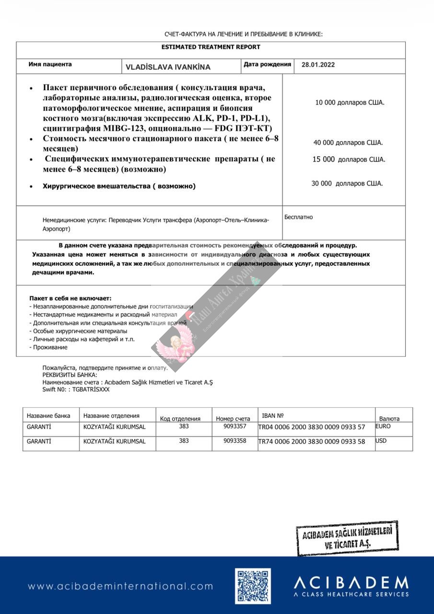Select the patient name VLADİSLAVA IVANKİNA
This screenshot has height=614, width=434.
(x=168, y=67)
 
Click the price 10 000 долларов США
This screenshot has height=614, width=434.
(x=350, y=103)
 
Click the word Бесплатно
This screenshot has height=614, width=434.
(x=298, y=217)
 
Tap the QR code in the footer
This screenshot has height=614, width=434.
(x=253, y=586)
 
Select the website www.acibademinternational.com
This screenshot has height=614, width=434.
(x=120, y=586)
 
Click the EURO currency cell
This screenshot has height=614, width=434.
(x=383, y=426)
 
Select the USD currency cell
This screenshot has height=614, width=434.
(x=381, y=441)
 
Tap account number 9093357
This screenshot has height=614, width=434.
(x=235, y=426)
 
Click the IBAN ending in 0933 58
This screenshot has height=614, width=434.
(x=312, y=441)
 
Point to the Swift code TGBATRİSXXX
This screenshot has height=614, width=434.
(x=91, y=390)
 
